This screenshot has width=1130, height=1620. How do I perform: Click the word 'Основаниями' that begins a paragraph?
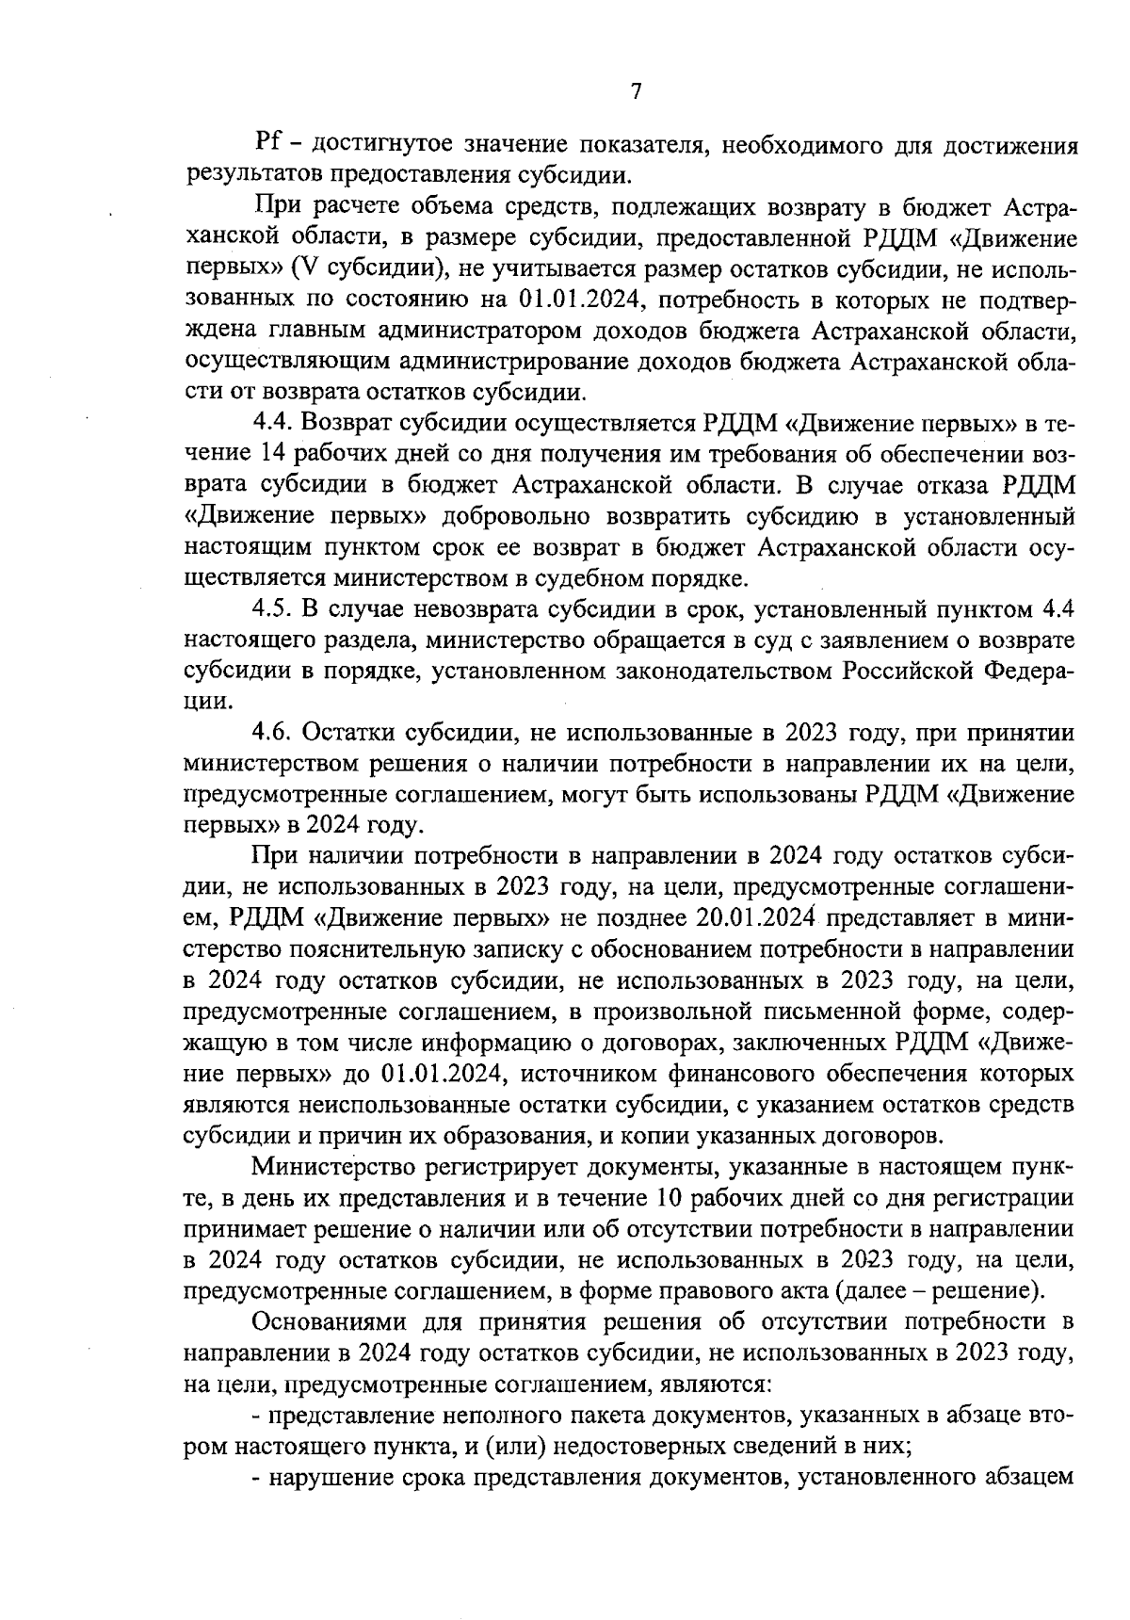pyautogui.click(x=323, y=1321)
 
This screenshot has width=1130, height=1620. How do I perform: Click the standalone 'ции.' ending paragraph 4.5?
pyautogui.click(x=204, y=702)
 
